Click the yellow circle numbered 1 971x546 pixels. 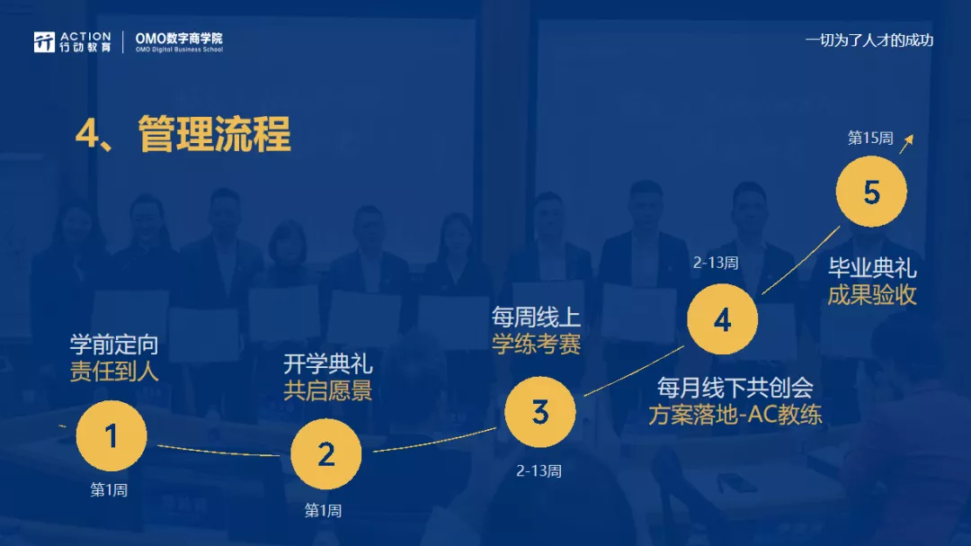click(111, 435)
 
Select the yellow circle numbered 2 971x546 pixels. click(325, 454)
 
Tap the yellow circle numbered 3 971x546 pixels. click(540, 411)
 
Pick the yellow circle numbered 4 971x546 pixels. click(722, 319)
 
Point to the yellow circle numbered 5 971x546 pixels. click(871, 192)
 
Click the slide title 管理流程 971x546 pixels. click(214, 133)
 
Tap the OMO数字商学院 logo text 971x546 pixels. click(179, 41)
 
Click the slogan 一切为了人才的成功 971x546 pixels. click(869, 40)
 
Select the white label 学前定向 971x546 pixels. click(114, 344)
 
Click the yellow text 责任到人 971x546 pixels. click(114, 371)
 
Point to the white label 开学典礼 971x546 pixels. click(327, 363)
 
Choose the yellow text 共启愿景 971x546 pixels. click(327, 390)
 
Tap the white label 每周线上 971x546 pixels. click(536, 318)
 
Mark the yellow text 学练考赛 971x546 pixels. click(536, 344)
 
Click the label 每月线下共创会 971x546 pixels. click(735, 388)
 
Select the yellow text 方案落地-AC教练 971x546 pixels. click(735, 415)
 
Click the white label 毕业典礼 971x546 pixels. click(872, 268)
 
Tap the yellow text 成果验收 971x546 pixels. click(872, 295)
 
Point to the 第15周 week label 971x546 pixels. click(870, 138)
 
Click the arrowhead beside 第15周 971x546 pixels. click(908, 139)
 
